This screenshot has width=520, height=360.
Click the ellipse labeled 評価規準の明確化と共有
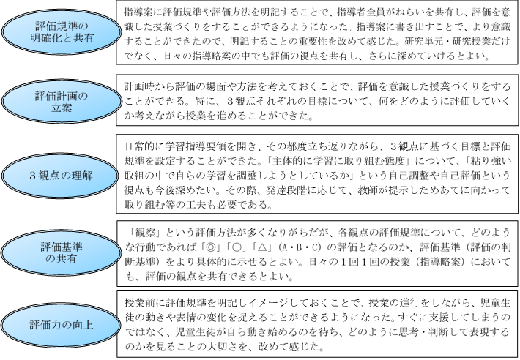coord(62,31)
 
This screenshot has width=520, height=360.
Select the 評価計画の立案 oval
coord(62,102)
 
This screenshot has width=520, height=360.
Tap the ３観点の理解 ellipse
coord(60,176)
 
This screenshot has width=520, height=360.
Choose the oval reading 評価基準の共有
coord(61,252)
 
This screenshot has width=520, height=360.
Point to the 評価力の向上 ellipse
coord(60,325)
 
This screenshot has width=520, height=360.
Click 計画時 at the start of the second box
coord(139,87)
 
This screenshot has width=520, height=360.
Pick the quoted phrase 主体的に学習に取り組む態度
coord(340,161)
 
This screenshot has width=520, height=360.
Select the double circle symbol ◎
coord(210,247)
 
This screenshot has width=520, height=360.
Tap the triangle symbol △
coord(262,247)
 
